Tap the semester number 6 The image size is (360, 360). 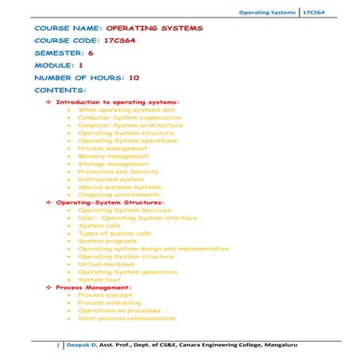coord(91,52)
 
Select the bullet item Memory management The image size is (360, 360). coord(113,156)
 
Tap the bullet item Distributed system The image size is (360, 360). coord(110,180)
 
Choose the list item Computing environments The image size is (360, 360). coord(118,195)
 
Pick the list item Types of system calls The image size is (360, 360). coord(114,234)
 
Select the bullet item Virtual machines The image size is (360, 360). coord(110,265)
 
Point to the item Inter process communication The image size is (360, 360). coord(126,318)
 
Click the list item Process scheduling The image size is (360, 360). coord(110,303)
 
